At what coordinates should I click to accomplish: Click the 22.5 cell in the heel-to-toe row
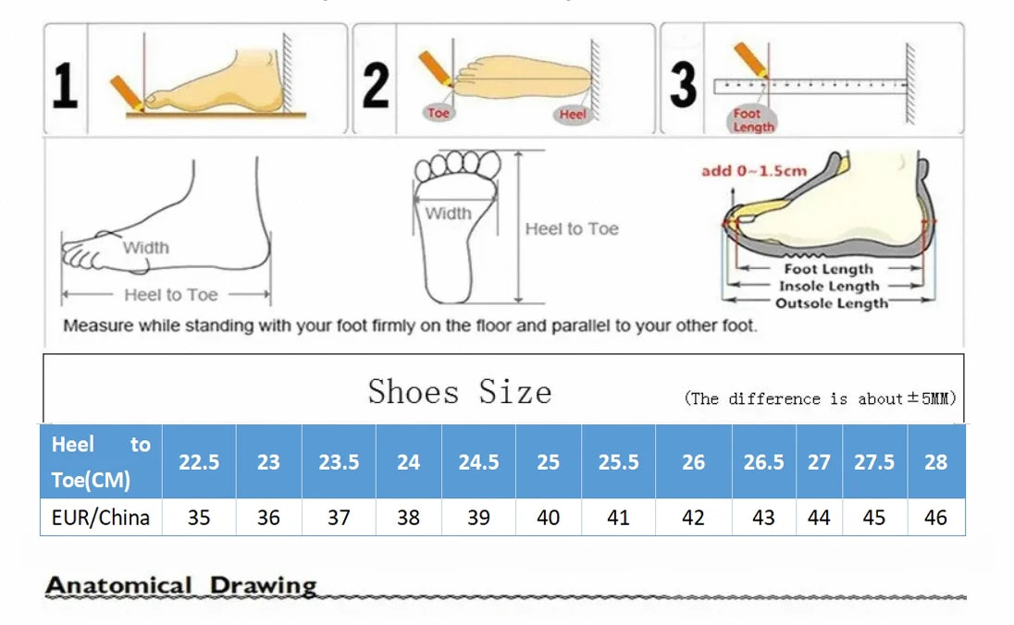click(x=199, y=462)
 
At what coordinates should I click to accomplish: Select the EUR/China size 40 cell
click(x=549, y=518)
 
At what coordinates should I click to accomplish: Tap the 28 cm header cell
click(x=935, y=462)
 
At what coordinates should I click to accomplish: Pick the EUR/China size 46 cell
click(x=935, y=518)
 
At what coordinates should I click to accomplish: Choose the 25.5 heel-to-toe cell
click(x=618, y=462)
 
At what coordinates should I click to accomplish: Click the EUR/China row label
click(x=100, y=518)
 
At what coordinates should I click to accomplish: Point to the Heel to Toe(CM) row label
click(x=100, y=462)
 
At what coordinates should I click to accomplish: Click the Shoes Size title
click(x=460, y=392)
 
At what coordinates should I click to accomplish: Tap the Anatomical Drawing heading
click(x=181, y=585)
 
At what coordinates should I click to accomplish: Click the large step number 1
click(x=64, y=85)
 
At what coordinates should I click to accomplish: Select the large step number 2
click(x=375, y=85)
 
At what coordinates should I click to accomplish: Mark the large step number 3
click(x=683, y=85)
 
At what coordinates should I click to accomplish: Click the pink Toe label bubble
click(x=439, y=113)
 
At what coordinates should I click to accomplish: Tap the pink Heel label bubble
click(x=573, y=115)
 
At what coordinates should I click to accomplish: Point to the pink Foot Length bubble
click(x=752, y=120)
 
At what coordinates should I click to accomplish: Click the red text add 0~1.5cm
click(x=753, y=171)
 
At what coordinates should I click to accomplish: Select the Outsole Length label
click(x=831, y=303)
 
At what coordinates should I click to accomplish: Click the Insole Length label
click(x=829, y=287)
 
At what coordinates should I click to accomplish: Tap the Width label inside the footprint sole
click(x=448, y=214)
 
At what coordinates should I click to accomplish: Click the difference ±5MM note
click(x=820, y=398)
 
